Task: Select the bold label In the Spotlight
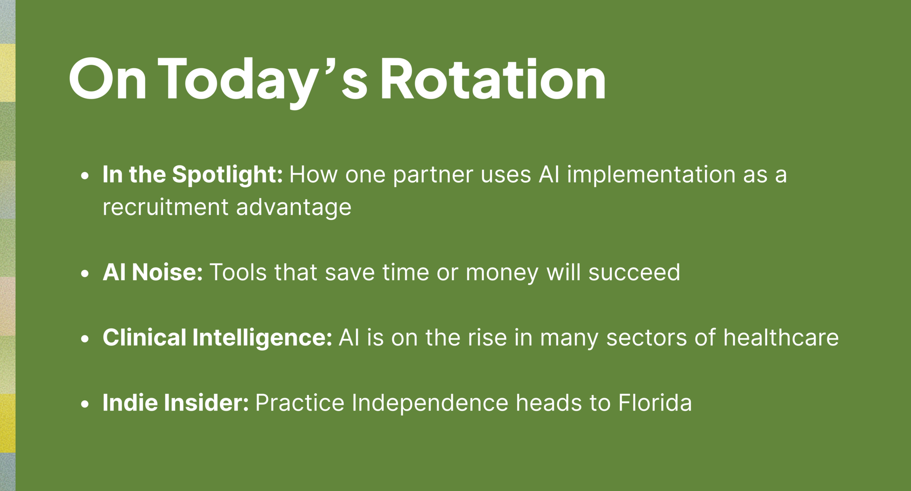193,175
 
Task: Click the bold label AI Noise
153,273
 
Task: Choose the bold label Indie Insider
176,403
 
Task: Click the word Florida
655,403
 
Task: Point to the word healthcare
781,337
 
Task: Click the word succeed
634,273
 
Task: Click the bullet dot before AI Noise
85,273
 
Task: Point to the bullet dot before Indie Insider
85,404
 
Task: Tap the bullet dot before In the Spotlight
85,176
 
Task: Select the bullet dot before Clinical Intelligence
85,338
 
